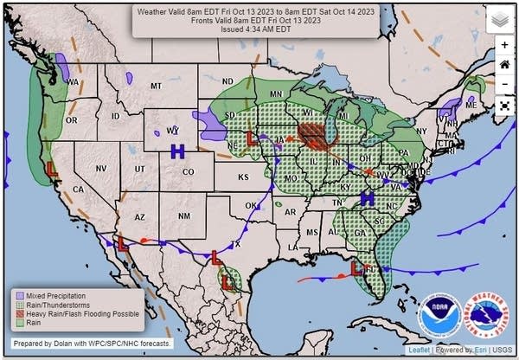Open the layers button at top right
click(501, 19)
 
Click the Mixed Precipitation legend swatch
click(17, 293)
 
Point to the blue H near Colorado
click(178, 151)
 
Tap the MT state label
click(156, 87)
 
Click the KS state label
click(244, 177)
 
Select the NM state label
click(183, 215)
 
